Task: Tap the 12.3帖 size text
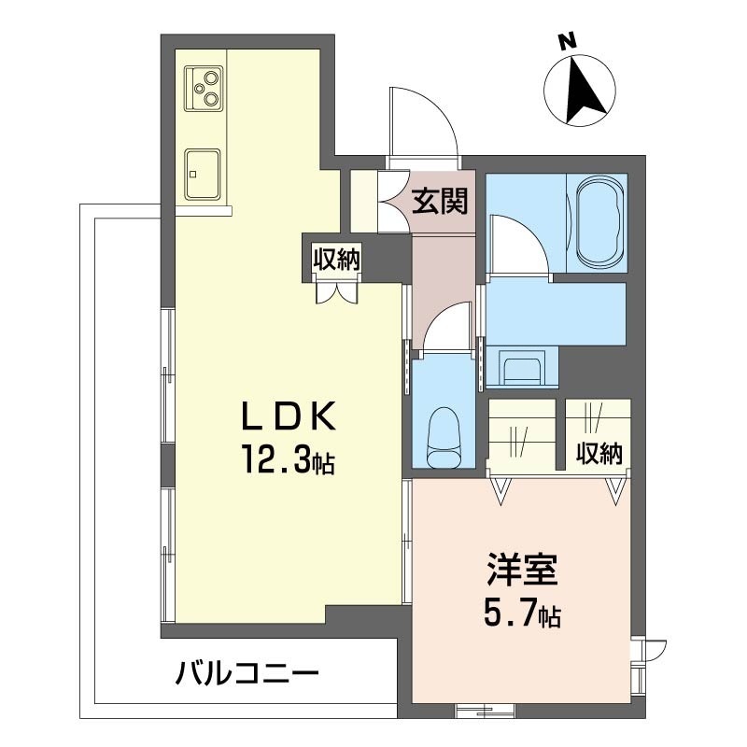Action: pyautogui.click(x=289, y=459)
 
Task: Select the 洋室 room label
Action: pyautogui.click(x=521, y=570)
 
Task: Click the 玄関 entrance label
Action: pyautogui.click(x=440, y=201)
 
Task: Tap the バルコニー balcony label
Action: pyautogui.click(x=247, y=673)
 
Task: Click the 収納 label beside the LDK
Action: pyautogui.click(x=336, y=259)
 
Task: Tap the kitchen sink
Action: pyautogui.click(x=203, y=174)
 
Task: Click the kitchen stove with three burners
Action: pyautogui.click(x=204, y=89)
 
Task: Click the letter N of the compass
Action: pyautogui.click(x=567, y=42)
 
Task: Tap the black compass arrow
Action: pyautogui.click(x=585, y=88)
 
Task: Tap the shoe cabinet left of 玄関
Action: pyautogui.click(x=364, y=201)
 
